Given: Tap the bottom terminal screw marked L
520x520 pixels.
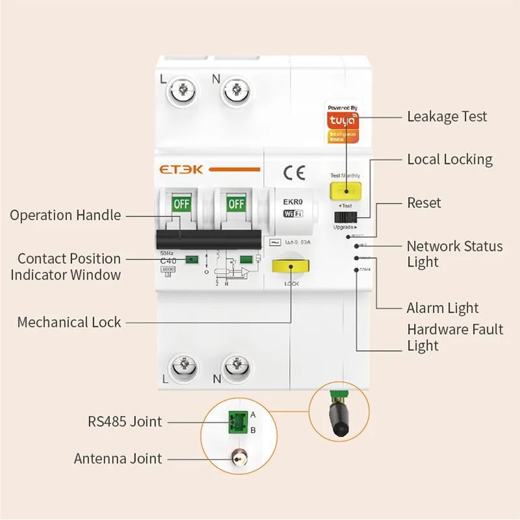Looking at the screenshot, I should [x=181, y=369].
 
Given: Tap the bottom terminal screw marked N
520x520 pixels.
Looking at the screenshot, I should [x=235, y=369].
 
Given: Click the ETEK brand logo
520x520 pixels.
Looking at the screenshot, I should [x=181, y=170].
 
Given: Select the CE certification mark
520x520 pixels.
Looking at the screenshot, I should [x=294, y=172].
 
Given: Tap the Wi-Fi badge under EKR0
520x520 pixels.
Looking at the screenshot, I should [x=294, y=214].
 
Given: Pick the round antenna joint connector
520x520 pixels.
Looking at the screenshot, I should [x=237, y=459].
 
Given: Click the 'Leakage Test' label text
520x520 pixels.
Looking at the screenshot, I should [x=447, y=117].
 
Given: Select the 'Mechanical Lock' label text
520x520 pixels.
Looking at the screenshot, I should [x=69, y=322].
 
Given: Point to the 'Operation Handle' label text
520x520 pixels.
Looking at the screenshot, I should [x=65, y=215].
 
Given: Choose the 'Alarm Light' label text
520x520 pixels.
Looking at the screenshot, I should [x=442, y=308].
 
